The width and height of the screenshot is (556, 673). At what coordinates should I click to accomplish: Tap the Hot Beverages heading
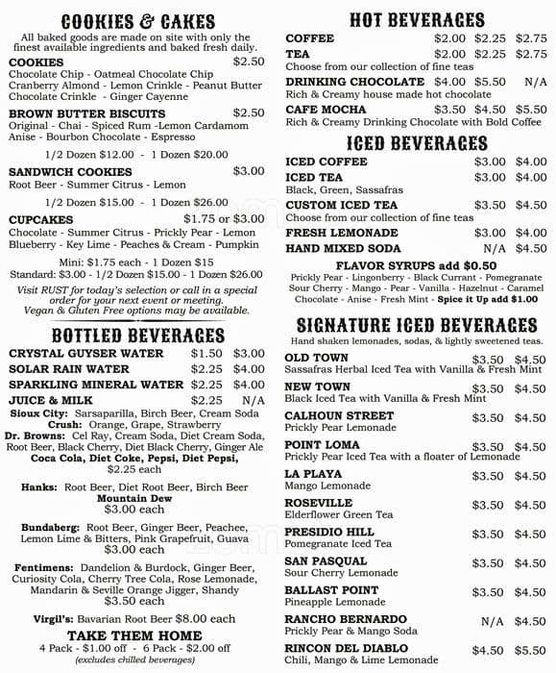coord(416,19)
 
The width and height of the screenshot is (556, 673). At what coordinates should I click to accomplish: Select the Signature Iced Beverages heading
coord(416,325)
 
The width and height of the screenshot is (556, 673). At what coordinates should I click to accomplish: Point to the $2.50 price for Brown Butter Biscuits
coord(248,112)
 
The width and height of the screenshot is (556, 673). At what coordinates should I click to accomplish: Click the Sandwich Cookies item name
coord(70,171)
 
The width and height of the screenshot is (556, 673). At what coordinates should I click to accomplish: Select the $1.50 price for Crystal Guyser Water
coord(205,354)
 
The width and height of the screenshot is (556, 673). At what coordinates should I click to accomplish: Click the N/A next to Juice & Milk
coord(254,400)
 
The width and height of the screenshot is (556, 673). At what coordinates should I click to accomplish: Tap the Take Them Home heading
coord(134,636)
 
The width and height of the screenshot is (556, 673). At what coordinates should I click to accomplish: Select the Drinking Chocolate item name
coord(354,83)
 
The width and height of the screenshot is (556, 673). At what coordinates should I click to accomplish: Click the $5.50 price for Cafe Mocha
coord(530,110)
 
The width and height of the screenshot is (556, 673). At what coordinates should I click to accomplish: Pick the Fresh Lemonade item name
coord(341,233)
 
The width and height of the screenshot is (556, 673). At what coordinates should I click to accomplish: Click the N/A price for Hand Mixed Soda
coord(494,248)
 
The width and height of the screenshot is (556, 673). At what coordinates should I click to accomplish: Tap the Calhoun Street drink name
coord(340,416)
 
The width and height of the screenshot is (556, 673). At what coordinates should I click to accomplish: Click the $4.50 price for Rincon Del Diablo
coord(489,650)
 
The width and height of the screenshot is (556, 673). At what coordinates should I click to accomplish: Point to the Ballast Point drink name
coord(331,590)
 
